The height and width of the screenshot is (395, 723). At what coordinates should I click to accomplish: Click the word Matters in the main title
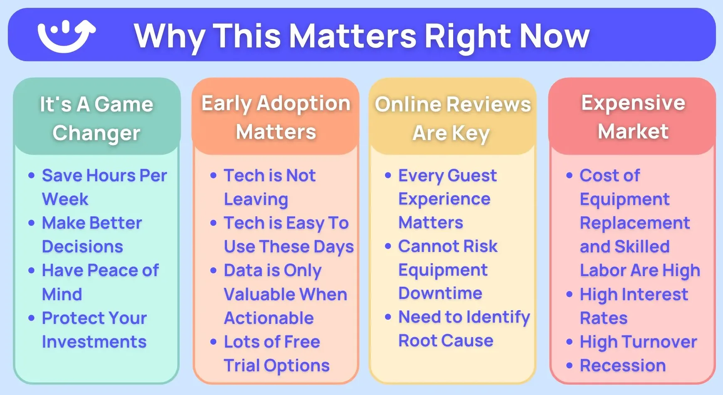coord(353,35)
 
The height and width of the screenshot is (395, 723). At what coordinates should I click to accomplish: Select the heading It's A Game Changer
coord(96,118)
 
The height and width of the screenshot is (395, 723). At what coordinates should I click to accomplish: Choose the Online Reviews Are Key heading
coord(453,118)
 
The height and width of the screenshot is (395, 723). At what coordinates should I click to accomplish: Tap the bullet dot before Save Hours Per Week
coord(31,175)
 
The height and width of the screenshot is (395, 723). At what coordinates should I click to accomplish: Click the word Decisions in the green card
coord(83,247)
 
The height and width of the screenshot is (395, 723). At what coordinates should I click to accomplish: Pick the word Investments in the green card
coord(94,342)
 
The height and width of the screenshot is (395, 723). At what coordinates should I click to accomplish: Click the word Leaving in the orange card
coord(256,200)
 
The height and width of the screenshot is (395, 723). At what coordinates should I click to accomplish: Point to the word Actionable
coord(269,318)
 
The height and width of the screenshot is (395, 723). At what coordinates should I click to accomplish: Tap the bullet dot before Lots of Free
coord(213,342)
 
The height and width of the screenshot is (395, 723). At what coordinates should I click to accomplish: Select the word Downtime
coord(440,293)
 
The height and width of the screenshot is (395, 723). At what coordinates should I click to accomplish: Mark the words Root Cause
coord(446,341)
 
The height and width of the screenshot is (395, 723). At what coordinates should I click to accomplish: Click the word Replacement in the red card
coord(635,223)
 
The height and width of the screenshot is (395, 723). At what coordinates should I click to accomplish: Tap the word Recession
coord(623,365)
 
